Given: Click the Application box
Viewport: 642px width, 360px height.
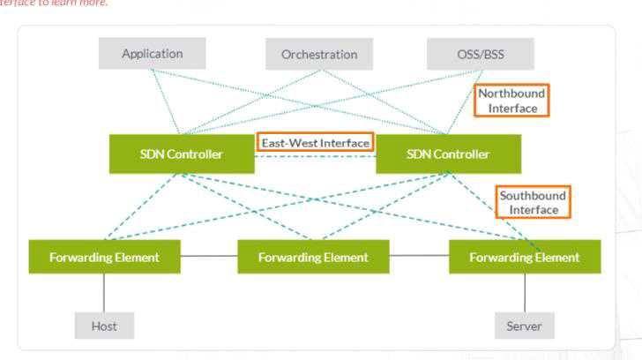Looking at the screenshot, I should click(x=152, y=54).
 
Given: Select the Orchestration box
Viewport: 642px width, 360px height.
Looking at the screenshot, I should click(x=319, y=55).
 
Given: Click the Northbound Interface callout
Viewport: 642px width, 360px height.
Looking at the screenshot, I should click(x=511, y=101).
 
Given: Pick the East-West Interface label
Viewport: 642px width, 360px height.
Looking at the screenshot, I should click(x=315, y=142).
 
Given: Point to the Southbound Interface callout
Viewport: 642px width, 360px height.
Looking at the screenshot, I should click(x=533, y=203).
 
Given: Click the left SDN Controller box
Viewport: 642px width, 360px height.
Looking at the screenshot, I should click(x=181, y=154).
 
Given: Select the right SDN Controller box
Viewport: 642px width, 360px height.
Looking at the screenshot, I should click(x=448, y=154).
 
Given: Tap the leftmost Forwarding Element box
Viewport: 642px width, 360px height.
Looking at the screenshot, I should click(x=104, y=257).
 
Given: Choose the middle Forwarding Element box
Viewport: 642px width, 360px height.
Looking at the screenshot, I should click(x=314, y=257).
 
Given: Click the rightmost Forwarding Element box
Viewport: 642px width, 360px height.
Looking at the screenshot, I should click(x=524, y=257).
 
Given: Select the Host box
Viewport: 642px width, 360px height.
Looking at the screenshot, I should click(x=104, y=326).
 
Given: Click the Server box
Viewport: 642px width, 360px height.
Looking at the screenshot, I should click(x=524, y=326).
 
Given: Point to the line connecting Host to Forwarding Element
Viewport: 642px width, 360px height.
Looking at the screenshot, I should click(x=104, y=293).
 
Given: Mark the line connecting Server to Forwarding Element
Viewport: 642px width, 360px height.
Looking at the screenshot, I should click(x=525, y=293).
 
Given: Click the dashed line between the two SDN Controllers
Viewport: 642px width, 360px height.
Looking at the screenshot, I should click(x=315, y=156).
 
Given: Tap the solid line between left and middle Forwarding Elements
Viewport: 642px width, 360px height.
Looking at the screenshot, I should click(x=209, y=257).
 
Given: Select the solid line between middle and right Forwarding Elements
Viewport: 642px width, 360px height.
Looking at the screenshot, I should click(x=420, y=257).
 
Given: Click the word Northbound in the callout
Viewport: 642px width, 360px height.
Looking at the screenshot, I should click(x=511, y=93).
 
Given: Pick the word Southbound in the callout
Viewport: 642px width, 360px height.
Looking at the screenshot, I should click(x=533, y=195).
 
